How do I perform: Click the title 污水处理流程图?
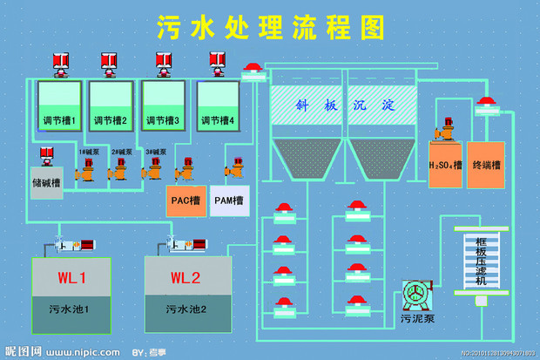click(271, 27)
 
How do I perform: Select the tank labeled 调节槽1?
click(59, 105)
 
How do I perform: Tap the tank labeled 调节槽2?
click(111, 105)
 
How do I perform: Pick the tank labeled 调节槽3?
click(163, 105)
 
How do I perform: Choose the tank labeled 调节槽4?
click(217, 105)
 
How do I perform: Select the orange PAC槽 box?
click(186, 200)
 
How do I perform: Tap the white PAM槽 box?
click(229, 200)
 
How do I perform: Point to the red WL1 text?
click(72, 279)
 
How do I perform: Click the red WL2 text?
click(186, 279)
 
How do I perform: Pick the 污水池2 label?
click(186, 309)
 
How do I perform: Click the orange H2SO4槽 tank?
click(444, 164)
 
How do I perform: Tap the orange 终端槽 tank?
click(486, 164)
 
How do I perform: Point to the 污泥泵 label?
click(417, 318)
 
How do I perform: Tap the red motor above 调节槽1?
click(61, 61)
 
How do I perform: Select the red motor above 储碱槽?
click(45, 156)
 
